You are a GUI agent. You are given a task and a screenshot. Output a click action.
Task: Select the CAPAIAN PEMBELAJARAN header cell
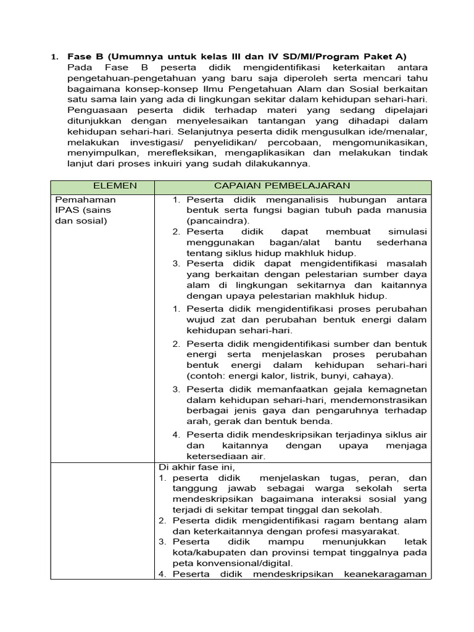click(282, 186)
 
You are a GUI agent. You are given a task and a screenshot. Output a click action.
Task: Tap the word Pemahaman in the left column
click(85, 200)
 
